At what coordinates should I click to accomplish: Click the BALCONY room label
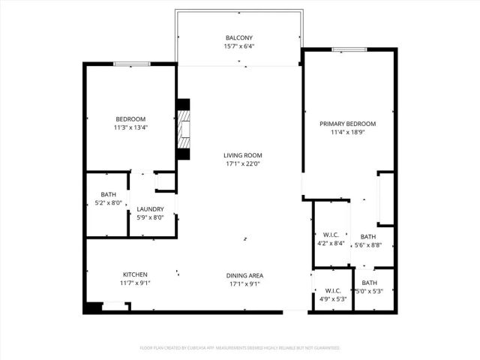coord(239,37)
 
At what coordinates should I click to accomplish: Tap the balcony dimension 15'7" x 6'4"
coord(239,46)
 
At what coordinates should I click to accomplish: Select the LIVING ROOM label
coord(243,155)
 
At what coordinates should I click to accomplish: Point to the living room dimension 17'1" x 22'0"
coord(243,164)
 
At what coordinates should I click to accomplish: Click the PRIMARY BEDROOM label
coord(347,124)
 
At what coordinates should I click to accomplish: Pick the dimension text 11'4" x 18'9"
coord(347,133)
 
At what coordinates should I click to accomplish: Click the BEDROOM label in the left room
coord(130,119)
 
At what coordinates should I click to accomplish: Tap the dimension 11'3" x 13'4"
coord(130,128)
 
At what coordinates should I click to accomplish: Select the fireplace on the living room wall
coord(183,129)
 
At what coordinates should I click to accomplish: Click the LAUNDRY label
coord(150,209)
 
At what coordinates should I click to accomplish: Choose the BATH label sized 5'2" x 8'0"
coord(108,195)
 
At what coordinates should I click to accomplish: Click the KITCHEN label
coord(135,274)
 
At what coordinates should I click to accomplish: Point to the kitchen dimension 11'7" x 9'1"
coord(135,283)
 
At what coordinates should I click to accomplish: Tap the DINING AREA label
coord(244,275)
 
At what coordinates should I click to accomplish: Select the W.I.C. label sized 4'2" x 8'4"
coord(331,234)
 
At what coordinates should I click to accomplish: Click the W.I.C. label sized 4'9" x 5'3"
coord(331,290)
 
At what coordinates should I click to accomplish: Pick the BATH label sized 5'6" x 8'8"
coord(367,236)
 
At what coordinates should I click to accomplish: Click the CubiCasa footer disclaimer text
coord(239,348)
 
